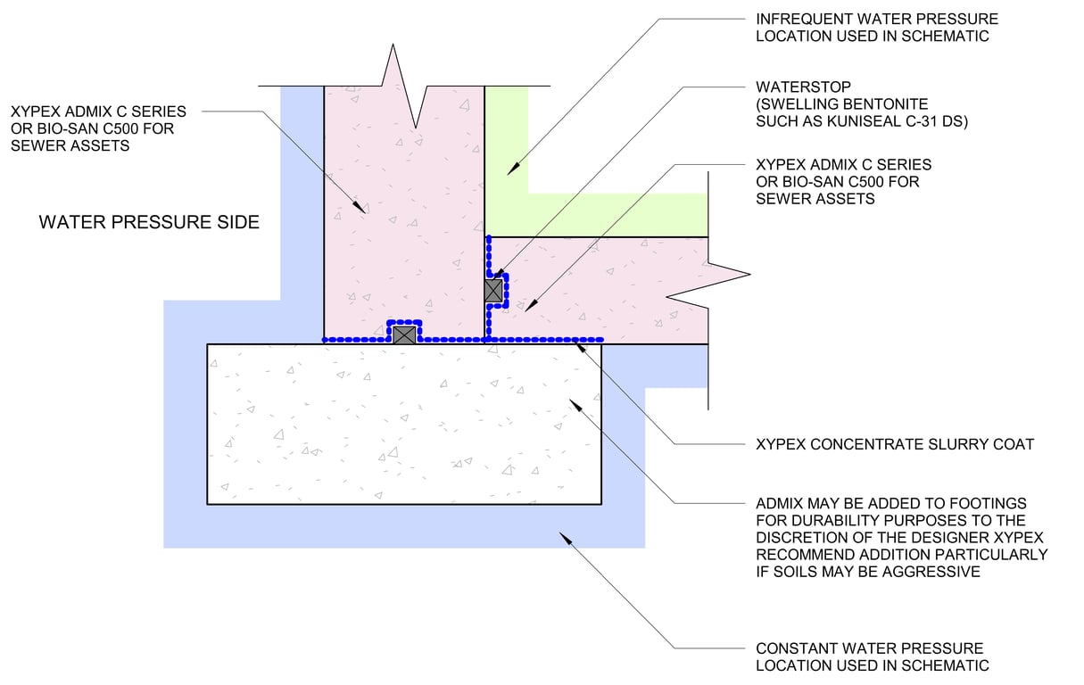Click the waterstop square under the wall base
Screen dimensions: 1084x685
(404, 334)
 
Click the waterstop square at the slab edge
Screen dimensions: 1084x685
(493, 291)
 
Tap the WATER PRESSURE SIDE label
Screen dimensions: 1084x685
(149, 222)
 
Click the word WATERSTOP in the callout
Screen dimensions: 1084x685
(803, 87)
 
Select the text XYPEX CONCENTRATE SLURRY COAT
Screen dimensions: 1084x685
(895, 444)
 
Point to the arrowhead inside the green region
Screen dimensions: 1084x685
(513, 169)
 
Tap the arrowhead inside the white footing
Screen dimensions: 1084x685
(575, 406)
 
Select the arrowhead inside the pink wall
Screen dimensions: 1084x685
(359, 207)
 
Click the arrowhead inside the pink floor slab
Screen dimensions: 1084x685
(532, 305)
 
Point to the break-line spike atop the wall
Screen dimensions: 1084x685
(393, 45)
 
